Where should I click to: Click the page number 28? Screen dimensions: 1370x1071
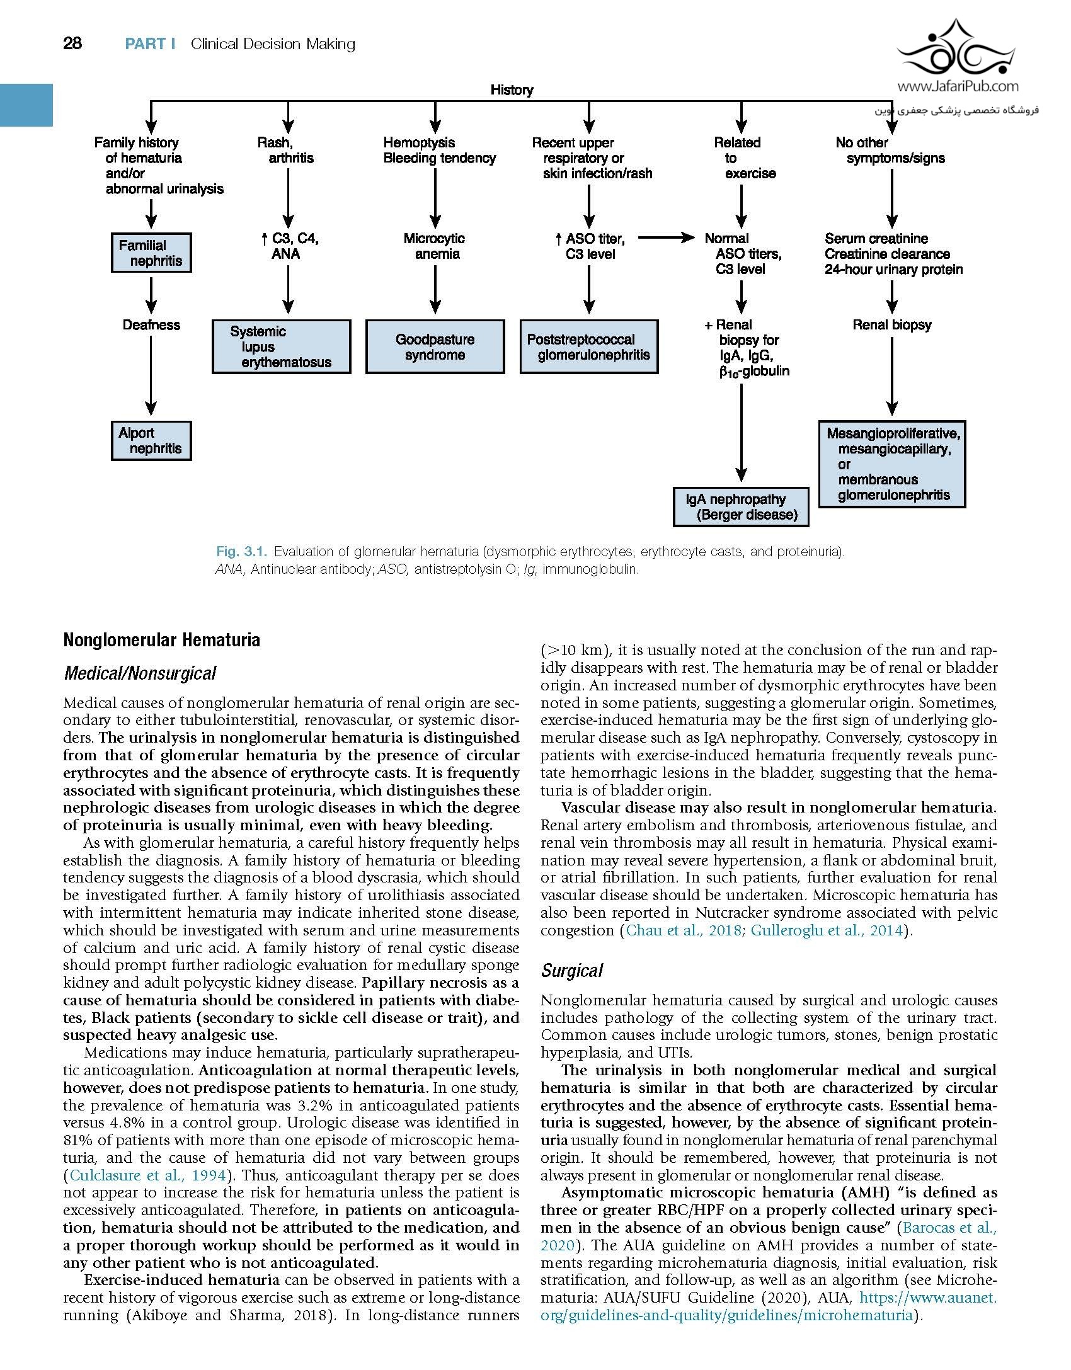[72, 43]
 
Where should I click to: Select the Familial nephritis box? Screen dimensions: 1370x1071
[151, 253]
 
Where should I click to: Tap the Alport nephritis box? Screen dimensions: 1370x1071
[151, 441]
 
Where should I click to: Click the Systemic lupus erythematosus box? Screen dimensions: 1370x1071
[281, 347]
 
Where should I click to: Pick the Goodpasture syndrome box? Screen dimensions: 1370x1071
[435, 347]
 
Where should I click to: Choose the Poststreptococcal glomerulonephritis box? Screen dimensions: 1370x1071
[588, 347]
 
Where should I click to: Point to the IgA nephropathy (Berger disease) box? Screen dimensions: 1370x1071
[741, 507]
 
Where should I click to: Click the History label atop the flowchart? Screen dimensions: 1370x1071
[512, 90]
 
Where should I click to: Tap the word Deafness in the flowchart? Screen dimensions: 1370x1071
[151, 325]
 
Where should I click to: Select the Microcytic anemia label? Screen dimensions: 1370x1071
[435, 246]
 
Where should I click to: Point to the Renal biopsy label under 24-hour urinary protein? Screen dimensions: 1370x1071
[891, 325]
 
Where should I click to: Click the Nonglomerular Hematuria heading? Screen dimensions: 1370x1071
[161, 641]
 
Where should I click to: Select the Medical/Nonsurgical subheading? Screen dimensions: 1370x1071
[140, 673]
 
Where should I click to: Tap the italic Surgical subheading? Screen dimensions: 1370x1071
[571, 971]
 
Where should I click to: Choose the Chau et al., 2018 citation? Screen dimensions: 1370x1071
[684, 930]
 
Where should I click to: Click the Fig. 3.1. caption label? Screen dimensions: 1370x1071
[242, 552]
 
